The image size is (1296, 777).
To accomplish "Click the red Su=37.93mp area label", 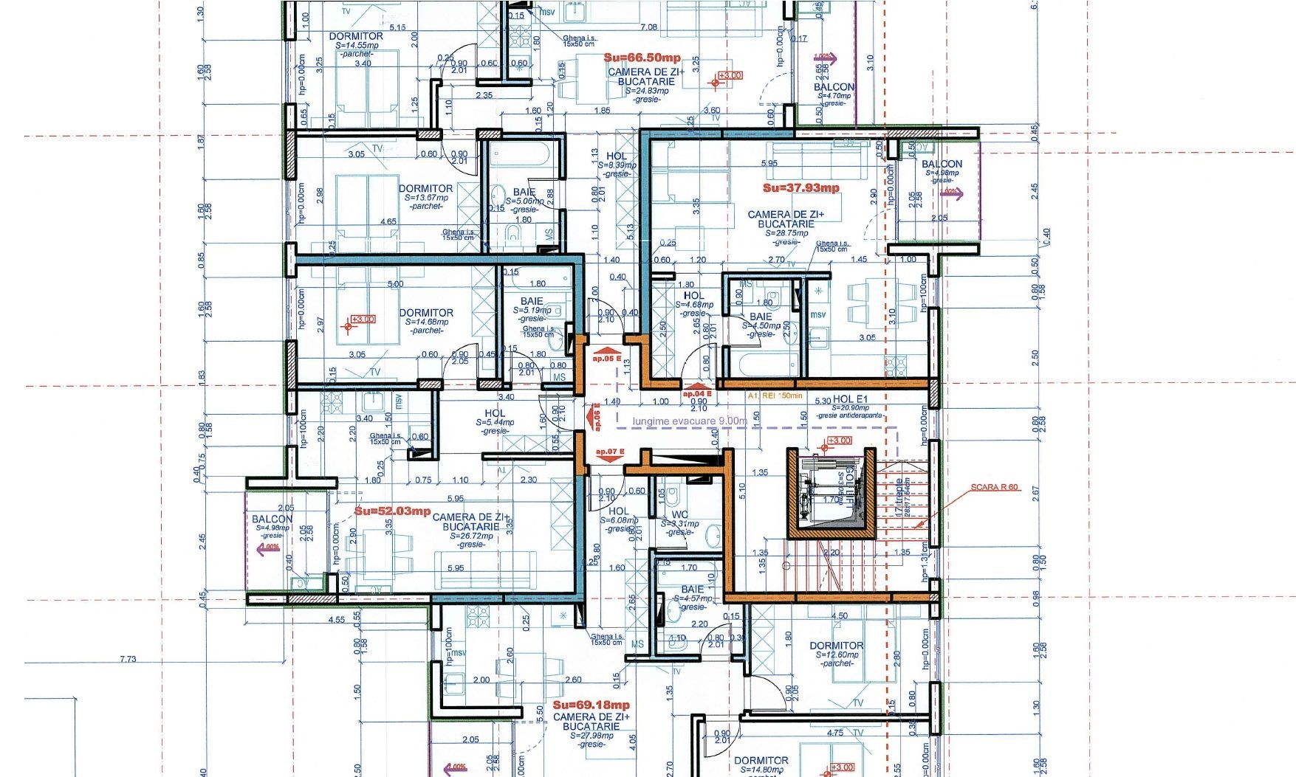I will (800, 188).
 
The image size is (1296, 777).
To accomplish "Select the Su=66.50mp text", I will (642, 58).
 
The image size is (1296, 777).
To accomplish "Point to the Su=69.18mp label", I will (591, 705).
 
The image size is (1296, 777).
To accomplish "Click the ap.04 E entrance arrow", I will (697, 389).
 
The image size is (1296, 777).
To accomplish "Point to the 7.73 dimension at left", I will (128, 659).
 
